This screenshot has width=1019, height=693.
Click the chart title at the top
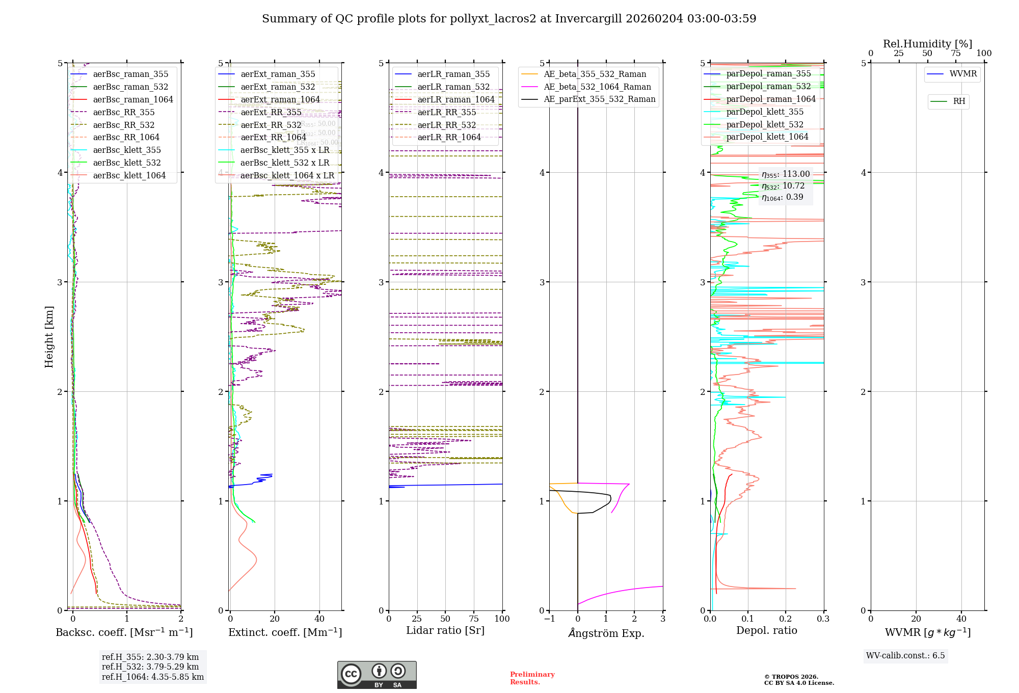[509, 19]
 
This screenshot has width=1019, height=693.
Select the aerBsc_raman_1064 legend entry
[133, 100]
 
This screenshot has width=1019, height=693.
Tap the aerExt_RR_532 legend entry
[271, 125]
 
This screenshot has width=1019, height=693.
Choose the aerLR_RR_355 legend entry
[446, 113]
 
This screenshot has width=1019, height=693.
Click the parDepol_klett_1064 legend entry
[767, 137]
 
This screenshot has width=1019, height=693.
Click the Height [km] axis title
[49, 336]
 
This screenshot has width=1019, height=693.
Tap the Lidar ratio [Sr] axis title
[445, 631]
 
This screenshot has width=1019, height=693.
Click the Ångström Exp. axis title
[606, 633]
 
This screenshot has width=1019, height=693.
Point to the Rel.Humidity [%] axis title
[927, 44]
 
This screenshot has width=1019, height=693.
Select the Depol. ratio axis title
[766, 631]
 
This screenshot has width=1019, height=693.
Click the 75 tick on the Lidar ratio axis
[474, 619]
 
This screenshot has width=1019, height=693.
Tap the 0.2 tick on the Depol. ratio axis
[786, 619]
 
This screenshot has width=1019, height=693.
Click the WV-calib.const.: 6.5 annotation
[905, 656]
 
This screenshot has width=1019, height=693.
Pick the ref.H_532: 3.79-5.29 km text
[150, 667]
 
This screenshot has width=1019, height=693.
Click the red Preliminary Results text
[532, 678]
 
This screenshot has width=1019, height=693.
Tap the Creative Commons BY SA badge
[377, 675]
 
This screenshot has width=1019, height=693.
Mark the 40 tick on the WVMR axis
[961, 619]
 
